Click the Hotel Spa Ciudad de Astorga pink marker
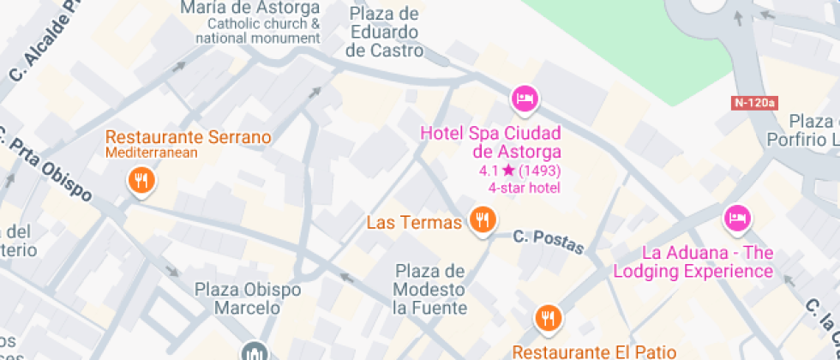(x=524, y=99)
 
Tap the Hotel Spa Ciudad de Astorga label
(x=489, y=143)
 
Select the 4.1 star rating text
(x=519, y=171)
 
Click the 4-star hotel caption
(x=524, y=187)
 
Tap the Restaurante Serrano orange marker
(x=140, y=180)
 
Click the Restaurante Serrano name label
(x=188, y=137)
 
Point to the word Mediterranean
(x=152, y=153)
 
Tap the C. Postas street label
(x=549, y=243)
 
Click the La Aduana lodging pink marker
(x=736, y=218)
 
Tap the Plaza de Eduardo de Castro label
(x=384, y=32)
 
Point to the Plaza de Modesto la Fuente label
(x=429, y=290)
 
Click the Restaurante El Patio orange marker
(x=548, y=318)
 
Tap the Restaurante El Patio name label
(x=594, y=351)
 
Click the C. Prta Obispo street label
(x=47, y=168)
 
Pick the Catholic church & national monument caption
(x=257, y=31)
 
